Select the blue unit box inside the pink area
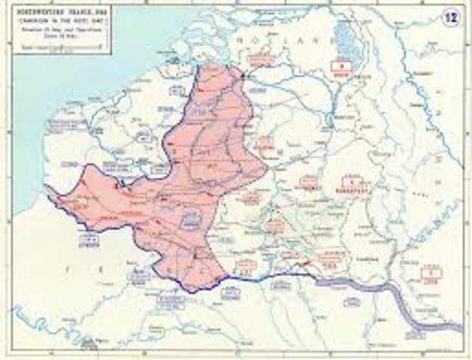[191, 220]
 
